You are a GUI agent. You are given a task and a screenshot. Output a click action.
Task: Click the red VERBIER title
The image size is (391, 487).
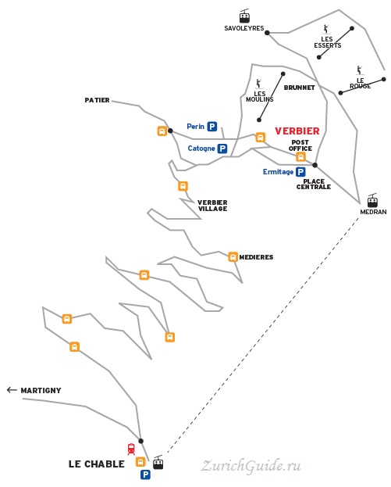[297, 131]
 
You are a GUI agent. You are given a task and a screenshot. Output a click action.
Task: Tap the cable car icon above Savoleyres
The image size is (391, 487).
[244, 16]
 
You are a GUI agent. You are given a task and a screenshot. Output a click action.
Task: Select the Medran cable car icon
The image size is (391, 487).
[372, 200]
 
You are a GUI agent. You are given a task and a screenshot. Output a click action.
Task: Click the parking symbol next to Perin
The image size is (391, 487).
[212, 127]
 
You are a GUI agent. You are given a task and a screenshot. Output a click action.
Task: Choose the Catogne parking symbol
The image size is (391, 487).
[222, 149]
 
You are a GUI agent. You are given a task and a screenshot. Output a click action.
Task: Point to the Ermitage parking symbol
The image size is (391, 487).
[300, 172]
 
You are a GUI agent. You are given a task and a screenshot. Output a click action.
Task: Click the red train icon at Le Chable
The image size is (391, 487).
[131, 449]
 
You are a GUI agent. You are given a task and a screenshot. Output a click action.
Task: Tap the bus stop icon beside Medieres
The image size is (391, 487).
[233, 257]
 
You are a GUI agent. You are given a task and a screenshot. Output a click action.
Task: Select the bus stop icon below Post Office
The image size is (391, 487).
[300, 157]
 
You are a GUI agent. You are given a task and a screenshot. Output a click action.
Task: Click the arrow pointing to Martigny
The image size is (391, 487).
[12, 390]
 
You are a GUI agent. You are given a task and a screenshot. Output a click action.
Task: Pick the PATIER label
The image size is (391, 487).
[97, 100]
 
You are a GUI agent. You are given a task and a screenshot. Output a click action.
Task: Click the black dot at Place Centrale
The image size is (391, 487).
[315, 165]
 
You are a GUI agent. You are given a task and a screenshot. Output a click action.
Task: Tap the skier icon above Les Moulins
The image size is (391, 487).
[258, 84]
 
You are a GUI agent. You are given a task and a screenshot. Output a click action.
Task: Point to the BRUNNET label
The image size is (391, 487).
[299, 88]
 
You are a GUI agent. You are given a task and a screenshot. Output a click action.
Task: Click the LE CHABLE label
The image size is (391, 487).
[97, 464]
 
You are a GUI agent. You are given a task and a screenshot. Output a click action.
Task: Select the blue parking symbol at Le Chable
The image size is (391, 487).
[145, 474]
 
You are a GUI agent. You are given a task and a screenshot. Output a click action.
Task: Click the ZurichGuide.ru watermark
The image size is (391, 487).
[251, 466]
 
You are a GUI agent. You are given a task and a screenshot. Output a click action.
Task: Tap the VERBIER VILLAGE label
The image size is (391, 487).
[213, 206]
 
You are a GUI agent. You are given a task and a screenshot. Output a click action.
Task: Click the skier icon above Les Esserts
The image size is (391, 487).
[326, 29]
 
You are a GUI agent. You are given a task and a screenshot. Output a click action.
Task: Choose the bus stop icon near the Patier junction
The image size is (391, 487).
[162, 131]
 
